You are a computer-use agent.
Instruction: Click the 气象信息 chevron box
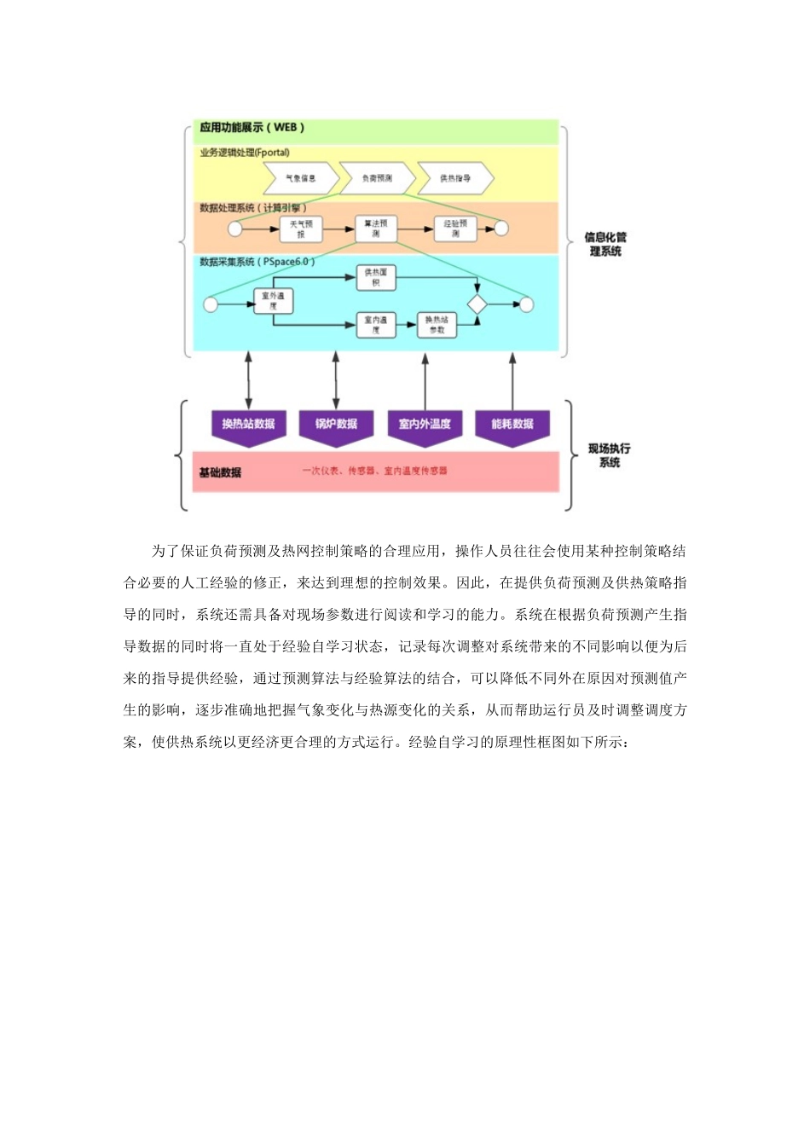click(300, 178)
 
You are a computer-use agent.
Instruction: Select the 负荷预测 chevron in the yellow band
click(377, 178)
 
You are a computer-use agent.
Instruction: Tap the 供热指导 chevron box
click(455, 178)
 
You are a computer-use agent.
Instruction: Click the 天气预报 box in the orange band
click(301, 229)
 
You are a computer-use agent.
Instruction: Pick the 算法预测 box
click(376, 228)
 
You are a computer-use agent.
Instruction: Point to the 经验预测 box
click(455, 228)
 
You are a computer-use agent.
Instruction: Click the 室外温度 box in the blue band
click(273, 300)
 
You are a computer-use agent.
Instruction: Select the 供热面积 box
click(376, 277)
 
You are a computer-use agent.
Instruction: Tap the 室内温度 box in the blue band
click(376, 325)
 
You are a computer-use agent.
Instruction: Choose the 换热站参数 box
click(437, 325)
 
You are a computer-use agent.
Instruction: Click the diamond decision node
click(477, 304)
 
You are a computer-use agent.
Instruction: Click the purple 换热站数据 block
click(248, 425)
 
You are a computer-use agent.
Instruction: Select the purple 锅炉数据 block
click(336, 425)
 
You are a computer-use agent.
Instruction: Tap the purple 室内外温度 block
click(425, 425)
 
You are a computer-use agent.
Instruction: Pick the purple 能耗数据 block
click(512, 425)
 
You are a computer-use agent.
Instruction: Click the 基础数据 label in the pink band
click(220, 472)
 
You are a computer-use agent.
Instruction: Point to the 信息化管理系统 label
click(605, 244)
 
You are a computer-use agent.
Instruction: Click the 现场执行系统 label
click(609, 455)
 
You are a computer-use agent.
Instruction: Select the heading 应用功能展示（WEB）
click(252, 128)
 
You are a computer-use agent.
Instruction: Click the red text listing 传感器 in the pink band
click(374, 471)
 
